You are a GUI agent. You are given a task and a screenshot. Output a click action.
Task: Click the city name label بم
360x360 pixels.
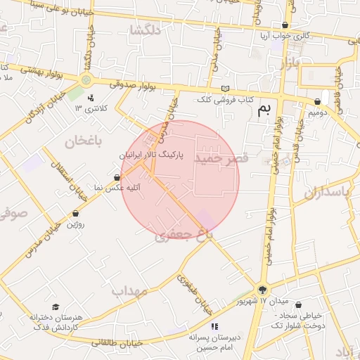coord(264,109)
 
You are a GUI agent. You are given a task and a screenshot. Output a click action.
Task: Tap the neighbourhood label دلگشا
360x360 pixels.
coord(146,30)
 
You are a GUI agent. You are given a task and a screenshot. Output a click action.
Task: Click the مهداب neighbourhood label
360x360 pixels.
coord(129,290)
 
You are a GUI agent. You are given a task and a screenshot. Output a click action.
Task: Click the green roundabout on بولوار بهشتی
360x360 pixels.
coord(86,79)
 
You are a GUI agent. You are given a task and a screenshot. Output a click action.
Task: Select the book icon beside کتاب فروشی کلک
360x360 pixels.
coord(225,89)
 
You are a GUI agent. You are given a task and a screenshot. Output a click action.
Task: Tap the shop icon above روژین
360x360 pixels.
coord(75,213)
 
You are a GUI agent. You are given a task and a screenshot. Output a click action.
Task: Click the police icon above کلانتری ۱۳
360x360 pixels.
coord(91,98)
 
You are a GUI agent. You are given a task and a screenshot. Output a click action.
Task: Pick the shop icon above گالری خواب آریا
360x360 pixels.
coord(285,25)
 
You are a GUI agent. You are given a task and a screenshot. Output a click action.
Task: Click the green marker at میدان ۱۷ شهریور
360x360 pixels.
coord(262,289)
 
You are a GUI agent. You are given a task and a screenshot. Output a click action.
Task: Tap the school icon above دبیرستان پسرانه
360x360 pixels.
coord(214,326)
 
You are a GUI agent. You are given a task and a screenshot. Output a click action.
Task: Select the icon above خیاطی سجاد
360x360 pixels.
coord(301,306)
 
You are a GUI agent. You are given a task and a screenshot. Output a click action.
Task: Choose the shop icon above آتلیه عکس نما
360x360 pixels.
coord(117,177)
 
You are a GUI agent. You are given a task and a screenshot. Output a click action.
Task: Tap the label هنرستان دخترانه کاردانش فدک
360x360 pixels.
coord(56,323)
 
